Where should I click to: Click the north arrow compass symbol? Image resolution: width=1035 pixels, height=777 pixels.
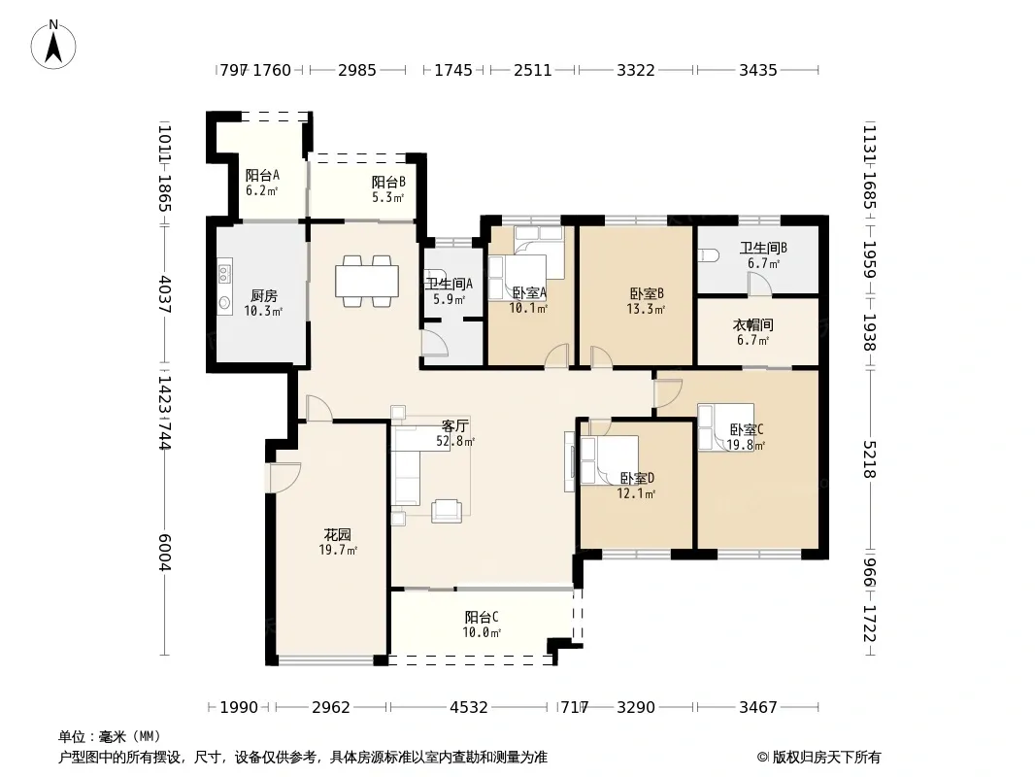click(x=53, y=45)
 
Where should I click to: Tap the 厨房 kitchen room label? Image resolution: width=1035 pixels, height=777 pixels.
click(x=263, y=296)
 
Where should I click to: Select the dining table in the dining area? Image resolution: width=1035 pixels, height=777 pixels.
click(x=367, y=282)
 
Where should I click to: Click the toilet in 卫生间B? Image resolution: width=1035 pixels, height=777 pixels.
click(x=708, y=255)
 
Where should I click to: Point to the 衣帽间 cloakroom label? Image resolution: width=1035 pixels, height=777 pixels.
click(x=753, y=324)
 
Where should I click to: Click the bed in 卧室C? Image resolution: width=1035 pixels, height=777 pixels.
click(x=726, y=427)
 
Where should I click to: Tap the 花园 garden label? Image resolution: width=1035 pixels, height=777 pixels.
click(x=337, y=535)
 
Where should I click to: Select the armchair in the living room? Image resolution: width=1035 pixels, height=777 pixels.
click(x=447, y=511)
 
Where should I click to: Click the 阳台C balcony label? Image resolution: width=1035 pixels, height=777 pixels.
click(x=482, y=618)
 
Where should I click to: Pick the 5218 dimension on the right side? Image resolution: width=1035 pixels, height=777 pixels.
click(x=870, y=459)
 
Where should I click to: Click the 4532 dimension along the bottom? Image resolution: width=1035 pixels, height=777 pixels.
click(x=469, y=708)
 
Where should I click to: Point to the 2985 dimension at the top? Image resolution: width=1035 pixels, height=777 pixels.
click(x=357, y=70)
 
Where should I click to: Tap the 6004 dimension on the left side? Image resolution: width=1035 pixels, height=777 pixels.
click(x=165, y=553)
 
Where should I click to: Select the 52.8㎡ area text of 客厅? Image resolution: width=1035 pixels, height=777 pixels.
click(x=454, y=442)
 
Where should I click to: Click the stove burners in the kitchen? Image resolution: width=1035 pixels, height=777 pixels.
click(x=224, y=273)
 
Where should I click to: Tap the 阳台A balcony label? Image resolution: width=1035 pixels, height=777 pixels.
click(x=263, y=175)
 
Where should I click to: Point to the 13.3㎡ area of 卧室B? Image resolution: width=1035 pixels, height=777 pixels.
click(x=646, y=309)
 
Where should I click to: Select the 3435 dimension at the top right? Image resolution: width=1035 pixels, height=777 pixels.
click(x=758, y=70)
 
